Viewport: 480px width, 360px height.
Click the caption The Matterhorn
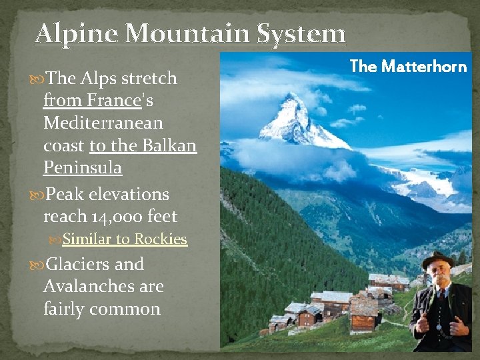(408, 66)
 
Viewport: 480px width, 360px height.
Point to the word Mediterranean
(103, 123)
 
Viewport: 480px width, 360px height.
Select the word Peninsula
(83, 168)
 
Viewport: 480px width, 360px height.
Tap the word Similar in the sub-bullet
(87, 239)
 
